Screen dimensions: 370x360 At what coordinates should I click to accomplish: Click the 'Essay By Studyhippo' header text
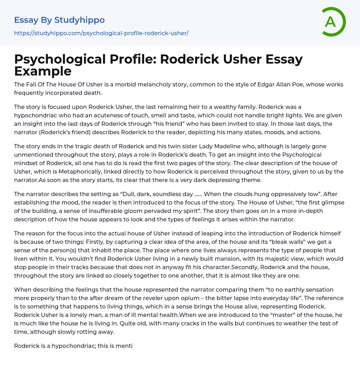point(59,20)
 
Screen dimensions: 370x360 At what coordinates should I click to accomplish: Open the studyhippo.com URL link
point(101,33)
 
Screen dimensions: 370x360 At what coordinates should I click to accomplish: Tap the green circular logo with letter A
point(333,22)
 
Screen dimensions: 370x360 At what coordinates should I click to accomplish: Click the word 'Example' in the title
point(43,71)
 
